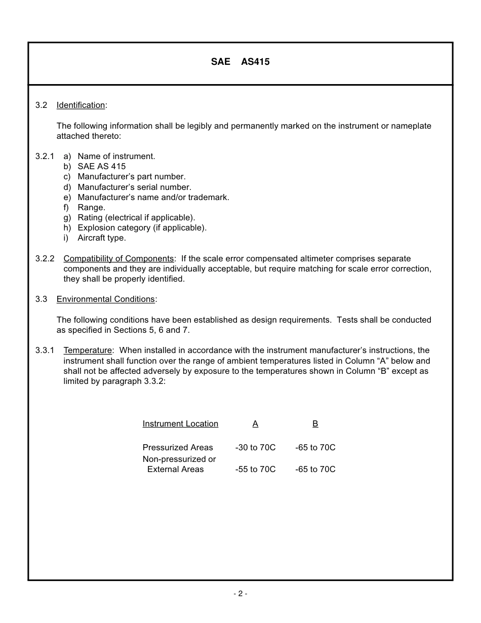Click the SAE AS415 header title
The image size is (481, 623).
tap(240, 62)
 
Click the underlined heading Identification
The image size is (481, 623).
tap(81, 105)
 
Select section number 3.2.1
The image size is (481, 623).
tap(45, 157)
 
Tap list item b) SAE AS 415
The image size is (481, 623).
tap(101, 167)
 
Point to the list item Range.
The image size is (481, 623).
tap(91, 207)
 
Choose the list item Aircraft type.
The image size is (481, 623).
tap(101, 238)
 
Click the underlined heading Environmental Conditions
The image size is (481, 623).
tap(105, 299)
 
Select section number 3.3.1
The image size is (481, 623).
tap(45, 351)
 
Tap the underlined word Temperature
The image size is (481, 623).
tap(87, 351)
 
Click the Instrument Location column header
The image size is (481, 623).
tap(180, 424)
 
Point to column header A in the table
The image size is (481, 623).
tap(255, 424)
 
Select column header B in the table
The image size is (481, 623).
tap(315, 424)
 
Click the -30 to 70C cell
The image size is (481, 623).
tap(255, 448)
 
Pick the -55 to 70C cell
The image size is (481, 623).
tap(255, 470)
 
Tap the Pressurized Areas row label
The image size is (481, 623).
tap(178, 448)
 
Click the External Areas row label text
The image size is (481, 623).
tap(175, 470)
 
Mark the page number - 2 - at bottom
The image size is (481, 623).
tap(240, 594)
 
